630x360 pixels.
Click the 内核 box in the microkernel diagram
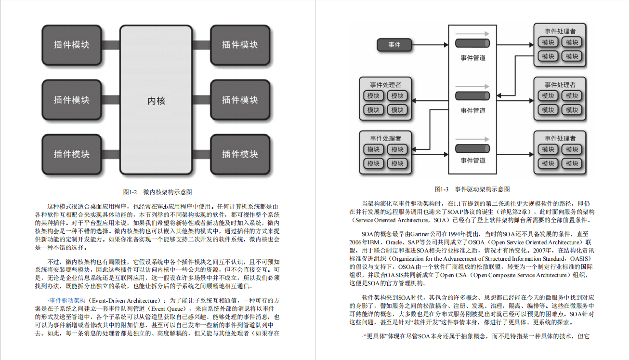pyautogui.click(x=156, y=101)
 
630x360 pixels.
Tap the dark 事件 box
pyautogui.click(x=394, y=45)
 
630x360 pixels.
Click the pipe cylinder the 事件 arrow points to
pyautogui.click(x=472, y=45)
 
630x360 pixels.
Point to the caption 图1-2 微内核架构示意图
pyautogui.click(x=157, y=192)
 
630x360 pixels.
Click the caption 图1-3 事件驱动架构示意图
pyautogui.click(x=472, y=189)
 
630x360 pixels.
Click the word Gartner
pyautogui.click(x=421, y=233)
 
